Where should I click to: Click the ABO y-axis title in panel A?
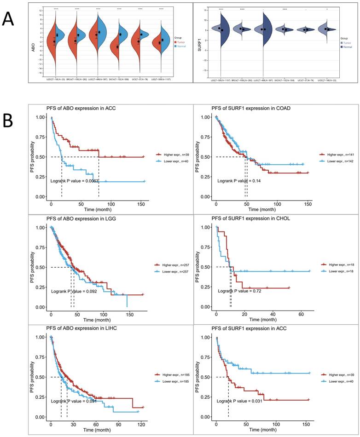click(x=33, y=44)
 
